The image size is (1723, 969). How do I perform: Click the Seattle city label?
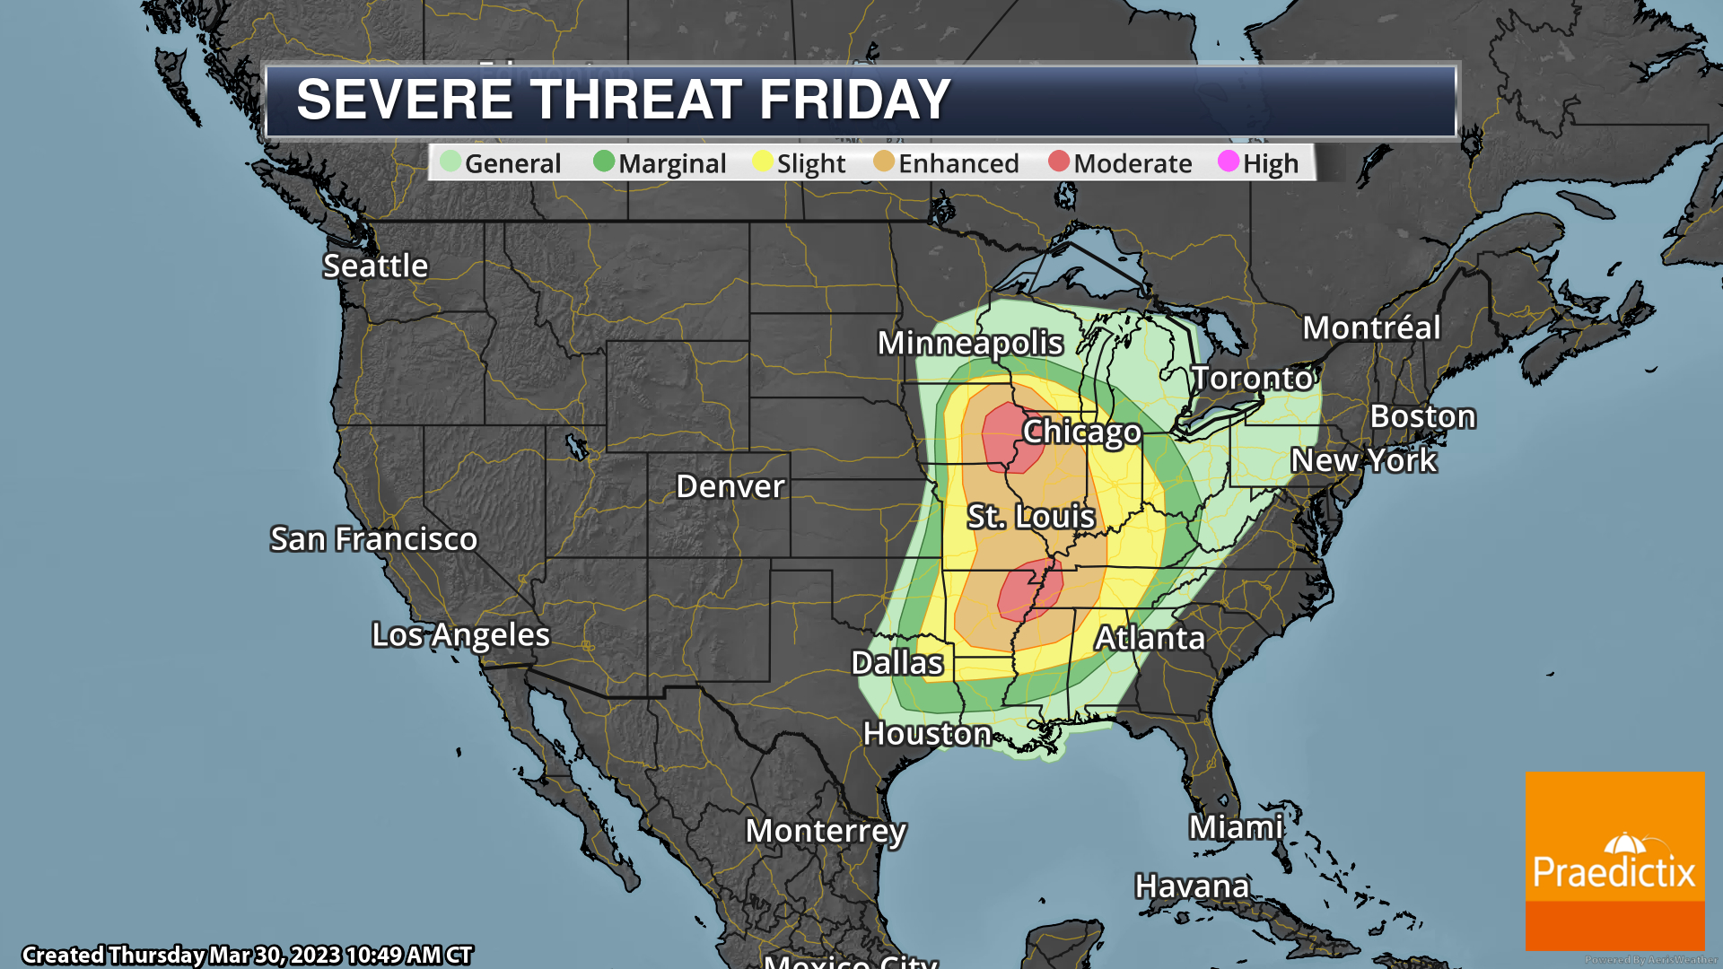pyautogui.click(x=375, y=266)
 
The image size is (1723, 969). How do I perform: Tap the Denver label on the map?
pyautogui.click(x=730, y=486)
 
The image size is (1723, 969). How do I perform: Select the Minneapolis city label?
pyautogui.click(x=970, y=343)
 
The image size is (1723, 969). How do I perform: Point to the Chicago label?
pyautogui.click(x=1081, y=432)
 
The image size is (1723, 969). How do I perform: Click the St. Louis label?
pyautogui.click(x=1030, y=516)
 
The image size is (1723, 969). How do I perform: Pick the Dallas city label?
pyautogui.click(x=896, y=663)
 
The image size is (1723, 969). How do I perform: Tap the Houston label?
pyautogui.click(x=927, y=734)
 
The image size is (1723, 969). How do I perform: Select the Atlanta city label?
pyautogui.click(x=1150, y=638)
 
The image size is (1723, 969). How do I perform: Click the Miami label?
pyautogui.click(x=1236, y=827)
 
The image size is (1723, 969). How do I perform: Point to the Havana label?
pyautogui.click(x=1192, y=886)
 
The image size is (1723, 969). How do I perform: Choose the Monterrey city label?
pyautogui.click(x=826, y=831)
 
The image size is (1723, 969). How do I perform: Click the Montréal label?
pyautogui.click(x=1371, y=327)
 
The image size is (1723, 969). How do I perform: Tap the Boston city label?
pyautogui.click(x=1422, y=416)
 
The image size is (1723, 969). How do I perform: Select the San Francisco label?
pyautogui.click(x=373, y=539)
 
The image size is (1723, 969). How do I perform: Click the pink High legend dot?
pyautogui.click(x=1229, y=161)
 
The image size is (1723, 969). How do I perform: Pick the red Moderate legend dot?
pyautogui.click(x=1059, y=161)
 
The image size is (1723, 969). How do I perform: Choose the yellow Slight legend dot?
pyautogui.click(x=763, y=161)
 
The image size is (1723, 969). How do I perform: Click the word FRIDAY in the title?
pyautogui.click(x=854, y=99)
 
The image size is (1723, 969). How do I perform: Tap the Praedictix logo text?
pyautogui.click(x=1614, y=872)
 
